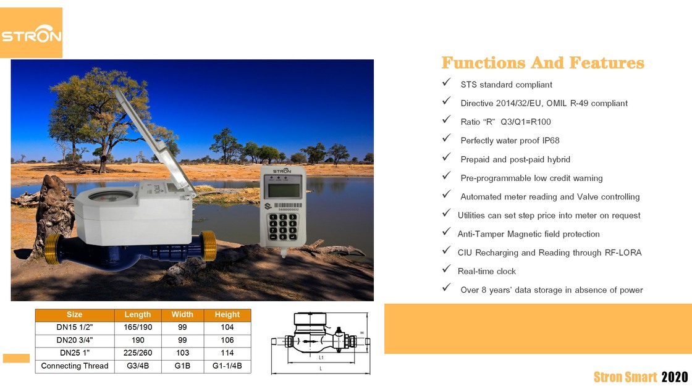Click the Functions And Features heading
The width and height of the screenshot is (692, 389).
pyautogui.click(x=542, y=63)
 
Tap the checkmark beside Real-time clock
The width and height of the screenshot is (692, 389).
pyautogui.click(x=446, y=270)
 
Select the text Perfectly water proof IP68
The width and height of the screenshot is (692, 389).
pyautogui.click(x=510, y=141)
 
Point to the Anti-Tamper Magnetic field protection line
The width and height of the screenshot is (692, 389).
pyautogui.click(x=528, y=234)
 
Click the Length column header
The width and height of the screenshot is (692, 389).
pyautogui.click(x=137, y=315)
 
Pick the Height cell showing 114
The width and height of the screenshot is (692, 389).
pyautogui.click(x=227, y=353)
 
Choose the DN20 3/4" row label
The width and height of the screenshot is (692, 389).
pyautogui.click(x=75, y=340)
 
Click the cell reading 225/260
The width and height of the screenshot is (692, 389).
pyautogui.click(x=137, y=353)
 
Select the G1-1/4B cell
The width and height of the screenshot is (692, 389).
pyautogui.click(x=227, y=366)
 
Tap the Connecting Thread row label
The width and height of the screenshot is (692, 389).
pyautogui.click(x=75, y=366)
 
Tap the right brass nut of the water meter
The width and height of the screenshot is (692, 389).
pyautogui.click(x=209, y=245)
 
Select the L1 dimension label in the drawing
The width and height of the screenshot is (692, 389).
pyautogui.click(x=321, y=358)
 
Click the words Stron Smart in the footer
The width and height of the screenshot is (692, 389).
pyautogui.click(x=625, y=377)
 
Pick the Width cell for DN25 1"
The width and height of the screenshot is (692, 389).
pyautogui.click(x=182, y=353)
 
